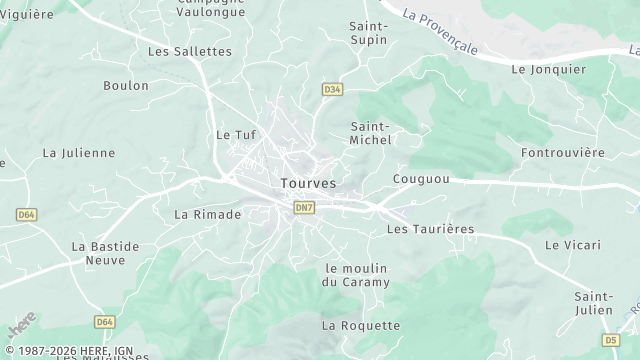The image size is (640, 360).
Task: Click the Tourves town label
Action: (308, 184)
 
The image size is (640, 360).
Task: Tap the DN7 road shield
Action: (304, 207)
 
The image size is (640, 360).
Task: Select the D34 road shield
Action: (332, 90)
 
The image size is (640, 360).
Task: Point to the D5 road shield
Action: (612, 340)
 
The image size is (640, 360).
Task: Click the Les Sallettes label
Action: (189, 51)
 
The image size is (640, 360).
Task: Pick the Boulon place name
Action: (126, 86)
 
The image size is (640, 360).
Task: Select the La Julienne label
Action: (79, 153)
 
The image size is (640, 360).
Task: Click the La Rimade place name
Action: (208, 214)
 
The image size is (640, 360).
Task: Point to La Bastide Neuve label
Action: (99, 253)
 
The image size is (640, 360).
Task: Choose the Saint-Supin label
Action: (369, 33)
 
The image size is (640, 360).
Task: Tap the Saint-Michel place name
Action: (370, 133)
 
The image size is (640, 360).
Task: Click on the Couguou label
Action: (421, 179)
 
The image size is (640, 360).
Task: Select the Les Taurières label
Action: (430, 229)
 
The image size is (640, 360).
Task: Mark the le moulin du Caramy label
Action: (356, 275)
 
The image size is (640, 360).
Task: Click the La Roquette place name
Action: (361, 325)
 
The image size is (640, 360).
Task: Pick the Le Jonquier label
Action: (547, 70)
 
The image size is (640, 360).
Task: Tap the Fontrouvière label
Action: (563, 153)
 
